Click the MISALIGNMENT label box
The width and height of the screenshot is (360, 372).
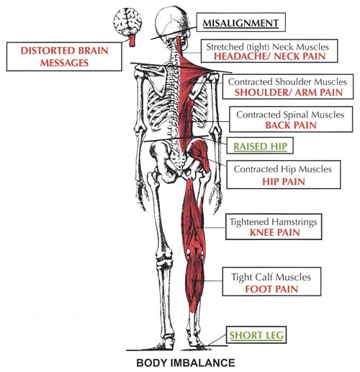point(241,22)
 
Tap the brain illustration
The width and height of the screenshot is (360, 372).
point(127,22)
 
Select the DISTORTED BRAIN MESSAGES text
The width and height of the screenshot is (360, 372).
point(64,57)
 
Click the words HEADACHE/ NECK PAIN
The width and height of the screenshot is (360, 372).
point(269,56)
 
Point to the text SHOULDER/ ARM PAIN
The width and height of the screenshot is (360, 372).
point(289,92)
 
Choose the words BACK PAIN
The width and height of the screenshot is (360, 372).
point(291,125)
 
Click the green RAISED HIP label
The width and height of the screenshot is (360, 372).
point(260,146)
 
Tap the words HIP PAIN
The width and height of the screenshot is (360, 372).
point(284,182)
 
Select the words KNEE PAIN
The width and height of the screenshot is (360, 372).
point(275,232)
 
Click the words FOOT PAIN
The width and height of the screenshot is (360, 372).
point(271,289)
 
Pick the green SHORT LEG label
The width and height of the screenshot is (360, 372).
point(256,335)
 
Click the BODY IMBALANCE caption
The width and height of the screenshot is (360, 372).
point(186,363)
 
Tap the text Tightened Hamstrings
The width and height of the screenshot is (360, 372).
point(273,222)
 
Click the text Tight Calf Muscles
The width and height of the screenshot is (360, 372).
point(271,277)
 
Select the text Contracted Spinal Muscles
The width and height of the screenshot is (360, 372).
point(290,115)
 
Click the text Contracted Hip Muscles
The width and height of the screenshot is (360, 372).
point(283,169)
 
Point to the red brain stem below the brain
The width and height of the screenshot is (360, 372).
point(132,41)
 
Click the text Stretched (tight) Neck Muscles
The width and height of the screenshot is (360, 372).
point(267,47)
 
